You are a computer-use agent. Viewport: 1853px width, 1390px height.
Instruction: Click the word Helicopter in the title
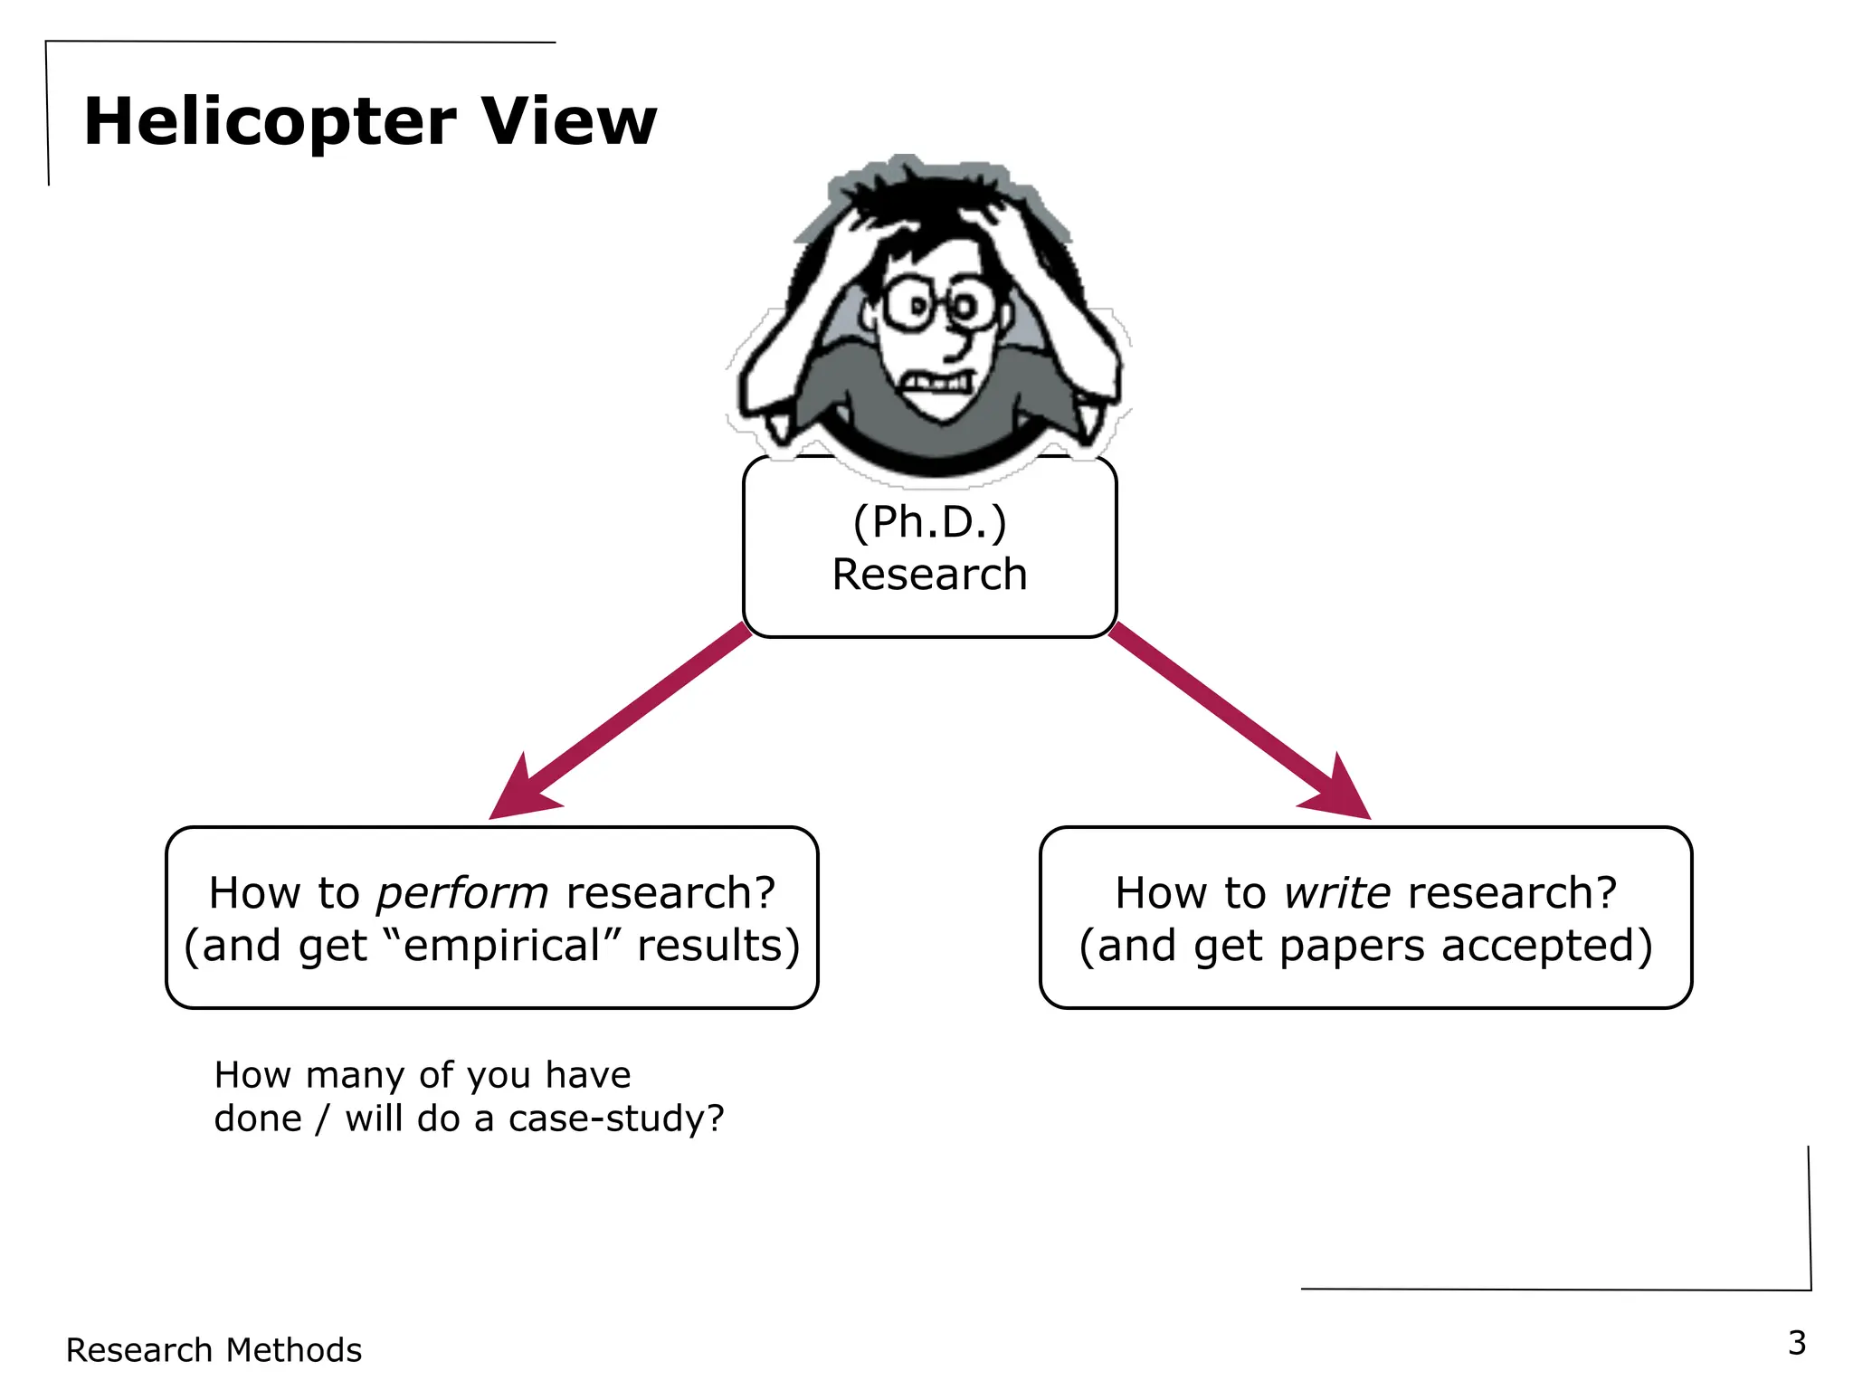click(x=270, y=122)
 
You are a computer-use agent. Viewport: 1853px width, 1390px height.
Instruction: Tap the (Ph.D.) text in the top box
click(x=929, y=522)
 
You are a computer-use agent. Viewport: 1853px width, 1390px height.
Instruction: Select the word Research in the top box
click(x=929, y=575)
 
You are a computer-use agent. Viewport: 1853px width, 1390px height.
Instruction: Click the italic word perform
click(x=462, y=894)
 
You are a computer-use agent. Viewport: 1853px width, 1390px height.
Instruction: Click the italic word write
click(x=1336, y=892)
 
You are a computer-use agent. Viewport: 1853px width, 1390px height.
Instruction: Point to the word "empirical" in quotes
click(x=502, y=946)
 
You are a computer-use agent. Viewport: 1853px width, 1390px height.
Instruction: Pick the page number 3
click(x=1797, y=1343)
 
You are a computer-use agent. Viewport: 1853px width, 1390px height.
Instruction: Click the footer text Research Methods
click(x=214, y=1350)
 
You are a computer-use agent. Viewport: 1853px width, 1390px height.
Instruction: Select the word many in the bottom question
click(x=355, y=1076)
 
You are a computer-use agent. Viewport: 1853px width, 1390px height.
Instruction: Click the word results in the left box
click(x=717, y=946)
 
